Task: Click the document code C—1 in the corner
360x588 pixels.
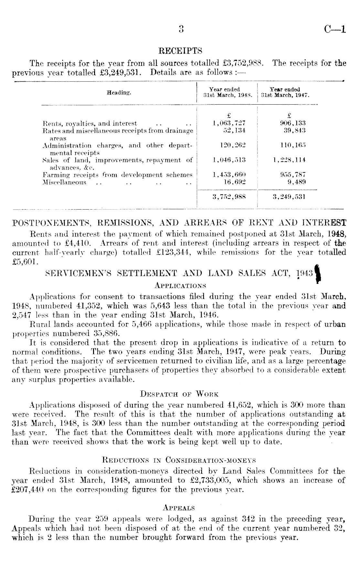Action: point(334,30)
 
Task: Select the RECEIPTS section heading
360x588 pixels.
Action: point(180,51)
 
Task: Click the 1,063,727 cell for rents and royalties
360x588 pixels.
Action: point(229,123)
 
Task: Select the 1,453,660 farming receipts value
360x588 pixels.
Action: point(229,175)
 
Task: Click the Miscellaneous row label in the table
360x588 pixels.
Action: point(65,182)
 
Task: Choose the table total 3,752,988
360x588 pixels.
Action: point(229,197)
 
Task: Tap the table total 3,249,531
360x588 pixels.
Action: point(289,197)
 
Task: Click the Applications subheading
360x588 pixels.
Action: point(180,286)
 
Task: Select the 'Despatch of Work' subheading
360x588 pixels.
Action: point(179,394)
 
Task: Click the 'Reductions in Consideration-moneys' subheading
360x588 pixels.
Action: point(179,459)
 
